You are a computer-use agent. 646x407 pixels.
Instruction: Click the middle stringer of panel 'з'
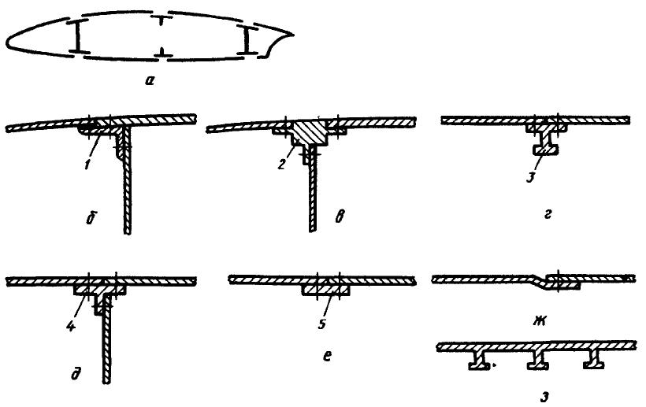click(539, 361)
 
